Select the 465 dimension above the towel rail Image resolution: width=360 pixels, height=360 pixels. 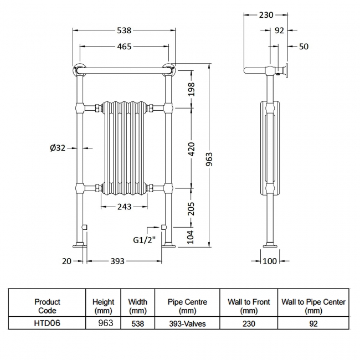coord(124,46)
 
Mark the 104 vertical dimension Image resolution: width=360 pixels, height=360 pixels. coord(192,236)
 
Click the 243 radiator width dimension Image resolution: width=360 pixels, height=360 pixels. coord(124,207)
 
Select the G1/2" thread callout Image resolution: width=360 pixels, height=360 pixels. coord(143,240)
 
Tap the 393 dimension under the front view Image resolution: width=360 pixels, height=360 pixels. coord(116,261)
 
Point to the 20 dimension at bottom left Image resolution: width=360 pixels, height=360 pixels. coord(66,261)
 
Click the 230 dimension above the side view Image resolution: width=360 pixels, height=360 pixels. coord(266,15)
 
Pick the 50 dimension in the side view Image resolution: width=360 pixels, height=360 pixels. coord(304,47)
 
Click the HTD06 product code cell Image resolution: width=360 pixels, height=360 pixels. coord(47,323)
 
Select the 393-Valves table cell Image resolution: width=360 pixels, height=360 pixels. coord(187,323)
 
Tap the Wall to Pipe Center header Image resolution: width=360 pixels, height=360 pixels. coord(313,306)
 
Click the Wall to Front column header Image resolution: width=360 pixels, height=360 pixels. coord(249,306)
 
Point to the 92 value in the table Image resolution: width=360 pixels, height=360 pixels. coord(313,323)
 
